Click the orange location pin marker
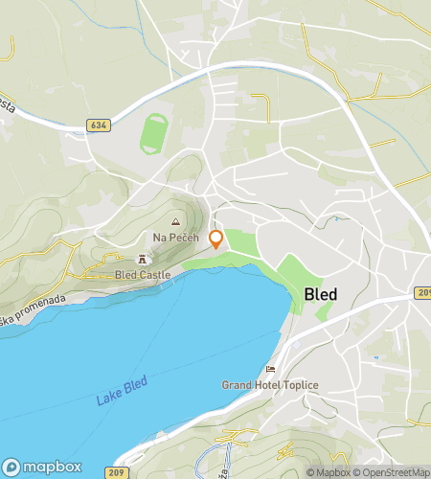[216, 239]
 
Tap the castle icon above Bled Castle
[144, 259]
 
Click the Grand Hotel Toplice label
[270, 385]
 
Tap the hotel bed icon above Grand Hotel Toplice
[271, 369]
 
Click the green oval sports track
[151, 134]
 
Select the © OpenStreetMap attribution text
[390, 472]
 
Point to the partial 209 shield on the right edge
[424, 292]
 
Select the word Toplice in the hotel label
[298, 385]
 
